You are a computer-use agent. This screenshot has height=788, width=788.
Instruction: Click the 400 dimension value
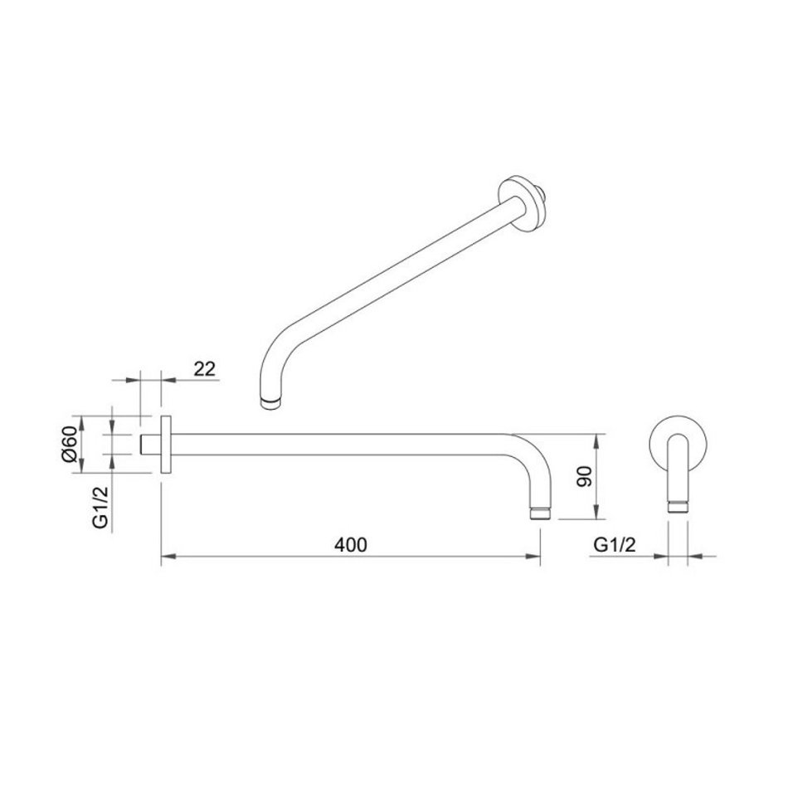click(350, 544)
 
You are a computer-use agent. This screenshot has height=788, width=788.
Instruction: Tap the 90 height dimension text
click(584, 476)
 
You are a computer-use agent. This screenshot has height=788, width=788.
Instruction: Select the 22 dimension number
click(205, 369)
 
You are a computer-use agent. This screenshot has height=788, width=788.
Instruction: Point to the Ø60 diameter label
click(70, 443)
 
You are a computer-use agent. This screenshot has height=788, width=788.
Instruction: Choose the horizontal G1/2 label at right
click(615, 544)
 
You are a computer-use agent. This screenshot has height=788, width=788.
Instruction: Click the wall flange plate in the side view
click(166, 444)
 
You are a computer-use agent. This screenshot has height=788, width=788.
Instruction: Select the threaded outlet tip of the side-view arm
click(540, 513)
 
